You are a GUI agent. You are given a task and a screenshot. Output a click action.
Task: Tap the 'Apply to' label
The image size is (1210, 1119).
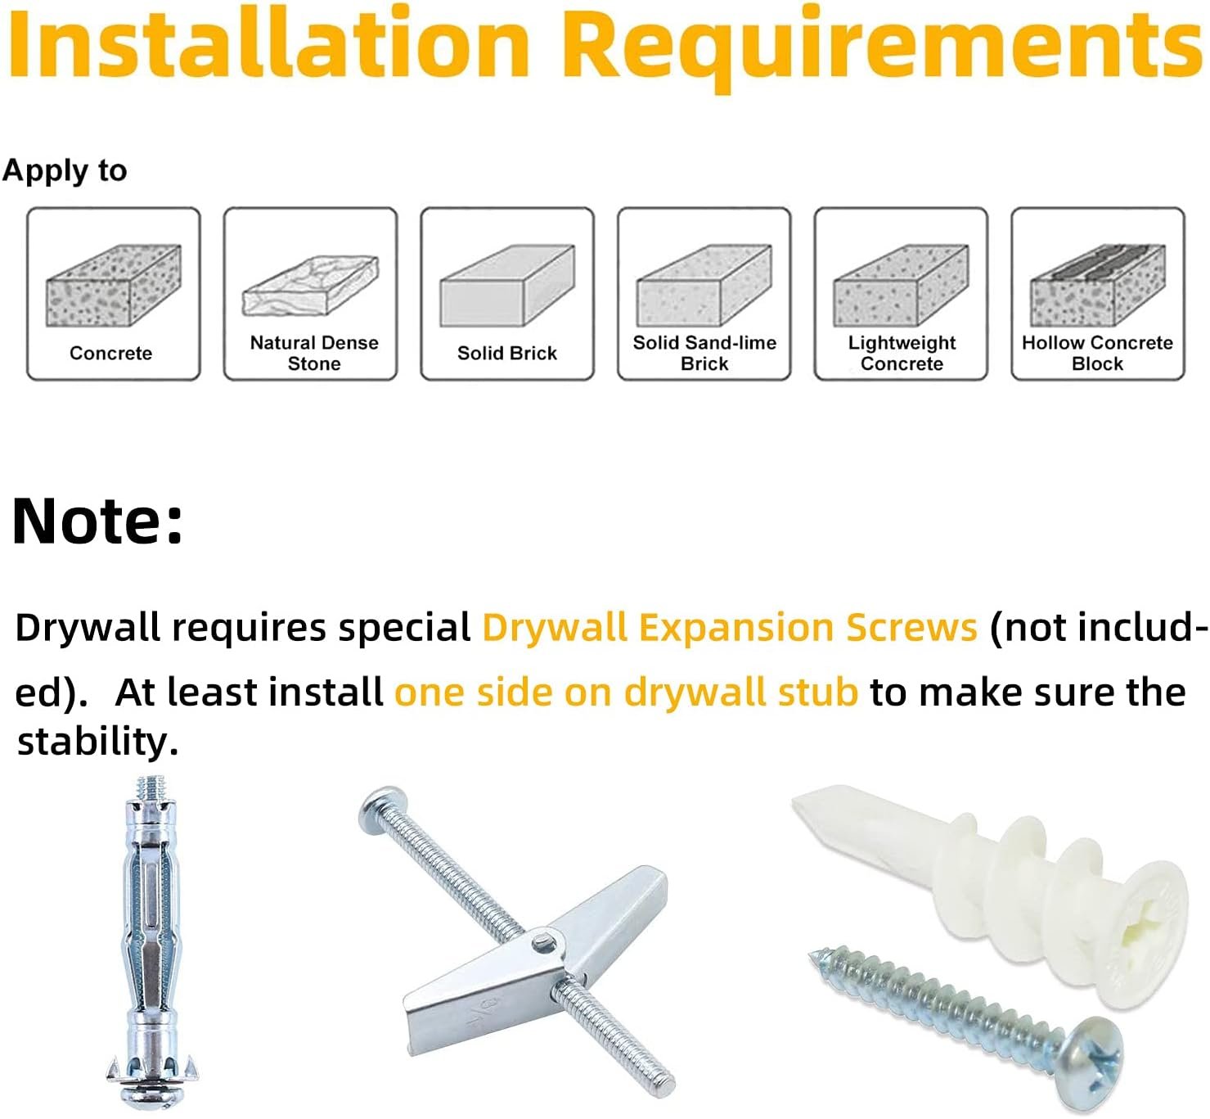point(65,171)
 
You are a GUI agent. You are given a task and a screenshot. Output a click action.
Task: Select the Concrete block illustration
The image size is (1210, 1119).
point(114,286)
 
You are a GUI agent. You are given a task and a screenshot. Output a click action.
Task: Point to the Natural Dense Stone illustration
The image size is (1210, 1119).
point(310,286)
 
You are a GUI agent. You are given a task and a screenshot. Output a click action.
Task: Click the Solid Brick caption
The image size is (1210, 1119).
point(507,353)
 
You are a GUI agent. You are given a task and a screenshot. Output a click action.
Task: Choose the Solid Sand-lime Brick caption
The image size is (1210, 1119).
point(704,353)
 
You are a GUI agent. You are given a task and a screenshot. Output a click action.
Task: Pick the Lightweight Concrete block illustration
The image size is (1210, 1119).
point(901,286)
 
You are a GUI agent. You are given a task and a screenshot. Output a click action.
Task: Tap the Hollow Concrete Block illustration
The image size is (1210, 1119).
point(1097,286)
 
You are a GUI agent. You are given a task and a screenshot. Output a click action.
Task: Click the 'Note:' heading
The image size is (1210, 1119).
point(97,521)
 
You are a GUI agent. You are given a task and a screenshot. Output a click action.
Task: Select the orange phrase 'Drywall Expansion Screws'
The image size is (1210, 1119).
point(730,628)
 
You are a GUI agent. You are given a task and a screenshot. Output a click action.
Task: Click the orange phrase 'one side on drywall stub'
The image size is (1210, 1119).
point(627,693)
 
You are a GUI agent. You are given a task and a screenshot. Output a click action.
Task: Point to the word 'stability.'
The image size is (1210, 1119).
point(97,742)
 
